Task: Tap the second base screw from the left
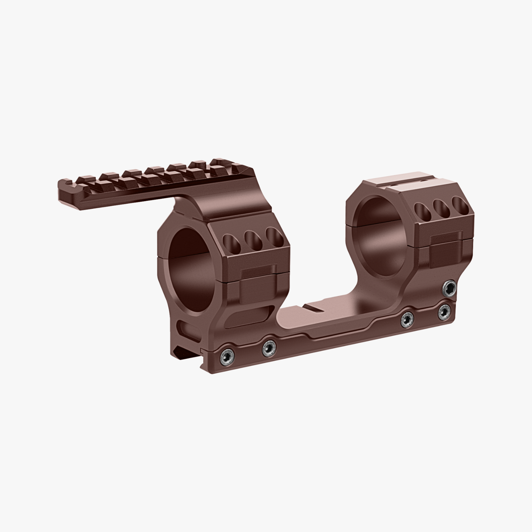coord(269,348)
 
